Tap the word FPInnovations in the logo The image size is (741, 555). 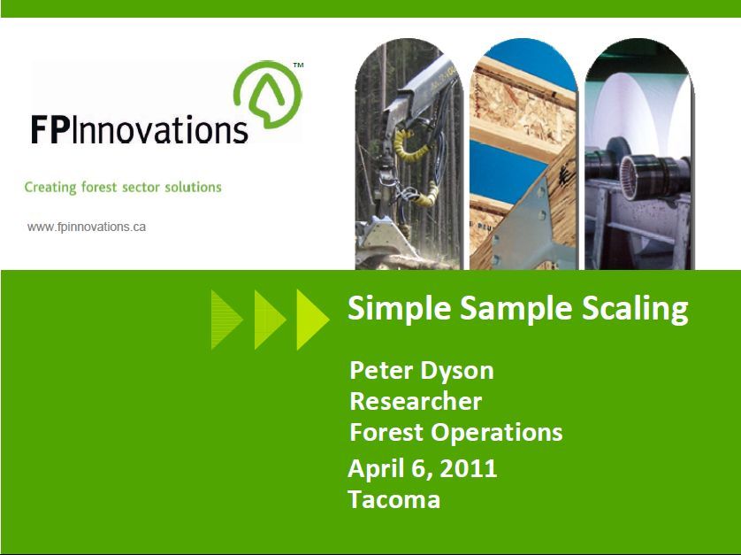(x=140, y=129)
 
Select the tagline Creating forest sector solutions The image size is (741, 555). (x=123, y=188)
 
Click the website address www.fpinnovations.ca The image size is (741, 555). (x=87, y=227)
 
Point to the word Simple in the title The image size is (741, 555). (x=400, y=310)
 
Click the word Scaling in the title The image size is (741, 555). (x=635, y=310)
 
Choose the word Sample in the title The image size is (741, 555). (x=516, y=310)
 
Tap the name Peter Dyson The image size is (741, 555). (x=422, y=372)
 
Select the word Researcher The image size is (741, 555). (x=416, y=401)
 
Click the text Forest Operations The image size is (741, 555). (x=456, y=433)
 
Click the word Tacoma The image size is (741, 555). (x=394, y=499)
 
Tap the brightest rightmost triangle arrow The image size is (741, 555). (x=313, y=320)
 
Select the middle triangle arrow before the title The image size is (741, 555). (x=270, y=320)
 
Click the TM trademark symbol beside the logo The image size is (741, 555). (x=298, y=66)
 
